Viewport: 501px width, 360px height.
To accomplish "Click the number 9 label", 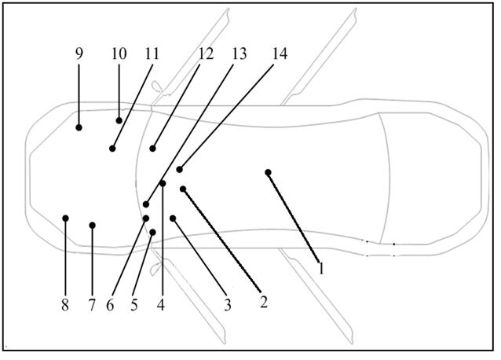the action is coord(79,53).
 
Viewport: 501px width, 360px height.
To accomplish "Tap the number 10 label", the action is coord(119,53).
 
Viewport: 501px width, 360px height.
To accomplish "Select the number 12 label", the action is coord(206,53).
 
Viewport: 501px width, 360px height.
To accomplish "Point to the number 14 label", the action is coord(280,53).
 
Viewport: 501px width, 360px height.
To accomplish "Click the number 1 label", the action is coord(321,268).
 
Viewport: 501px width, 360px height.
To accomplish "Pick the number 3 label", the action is coord(227,305).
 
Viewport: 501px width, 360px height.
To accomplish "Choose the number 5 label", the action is coord(134,305).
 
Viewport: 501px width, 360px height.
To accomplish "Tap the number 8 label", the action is coord(65,305).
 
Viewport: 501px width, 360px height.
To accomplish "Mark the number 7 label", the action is coord(92,305).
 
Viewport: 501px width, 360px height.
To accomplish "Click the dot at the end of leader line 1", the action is coord(268,173).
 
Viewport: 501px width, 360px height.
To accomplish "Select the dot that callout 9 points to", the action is coord(79,127).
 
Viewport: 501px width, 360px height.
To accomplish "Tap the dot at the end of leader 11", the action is coord(112,149).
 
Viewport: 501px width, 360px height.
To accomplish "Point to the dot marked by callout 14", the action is coord(180,170).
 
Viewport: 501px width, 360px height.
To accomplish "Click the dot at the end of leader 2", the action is coord(183,189).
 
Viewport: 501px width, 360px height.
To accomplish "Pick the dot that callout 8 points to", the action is coord(65,218).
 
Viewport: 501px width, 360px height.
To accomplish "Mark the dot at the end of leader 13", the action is coord(146,204).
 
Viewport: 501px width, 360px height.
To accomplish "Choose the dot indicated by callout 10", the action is coord(119,120).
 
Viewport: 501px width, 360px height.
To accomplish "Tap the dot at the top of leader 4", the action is coord(163,183).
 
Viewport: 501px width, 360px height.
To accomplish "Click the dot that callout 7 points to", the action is coord(93,226).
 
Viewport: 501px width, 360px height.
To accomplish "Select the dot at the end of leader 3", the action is coord(173,219).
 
